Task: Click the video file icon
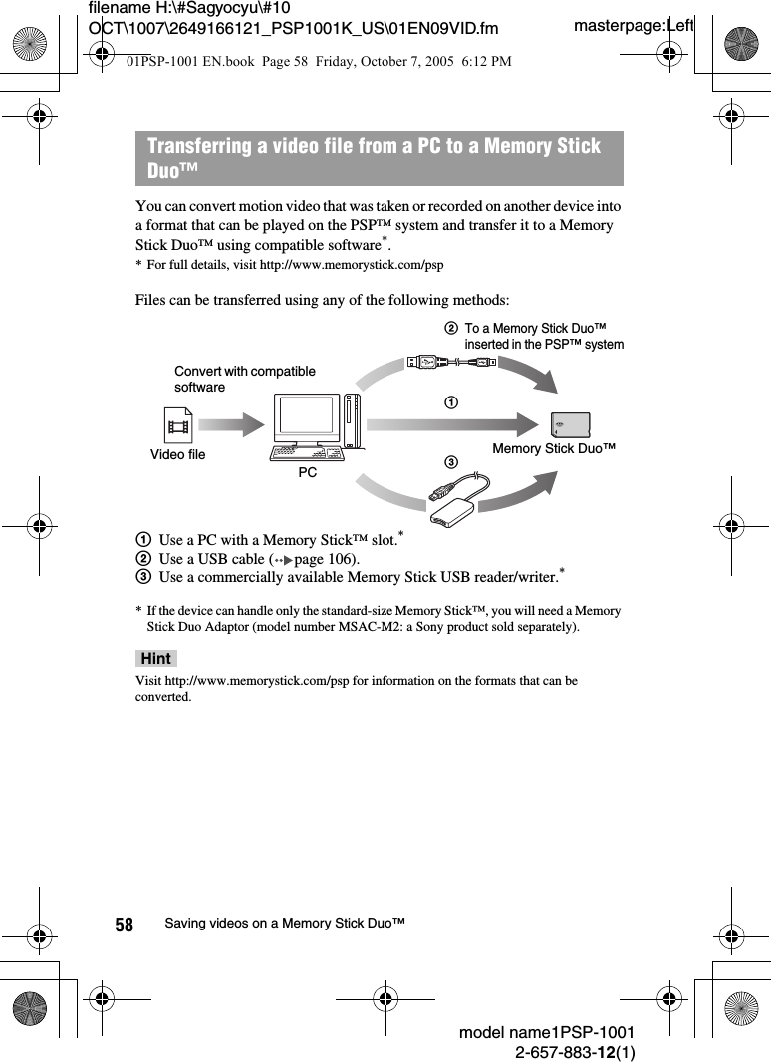[179, 426]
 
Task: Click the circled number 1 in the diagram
[451, 402]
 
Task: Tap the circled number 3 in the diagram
[451, 462]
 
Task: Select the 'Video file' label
[178, 455]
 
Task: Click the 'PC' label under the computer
[307, 472]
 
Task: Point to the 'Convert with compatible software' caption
[244, 379]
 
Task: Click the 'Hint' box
[155, 659]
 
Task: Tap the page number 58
[124, 925]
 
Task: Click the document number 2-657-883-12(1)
[575, 1051]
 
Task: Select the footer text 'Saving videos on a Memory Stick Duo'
[285, 924]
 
